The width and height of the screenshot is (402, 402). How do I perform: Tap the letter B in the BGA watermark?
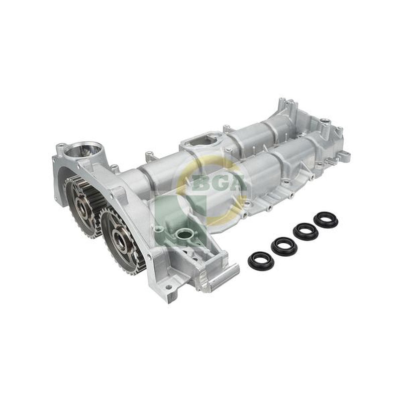pos(200,182)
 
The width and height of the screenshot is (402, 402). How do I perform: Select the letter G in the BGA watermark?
pos(218,182)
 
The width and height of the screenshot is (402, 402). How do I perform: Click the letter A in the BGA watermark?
pos(236,182)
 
